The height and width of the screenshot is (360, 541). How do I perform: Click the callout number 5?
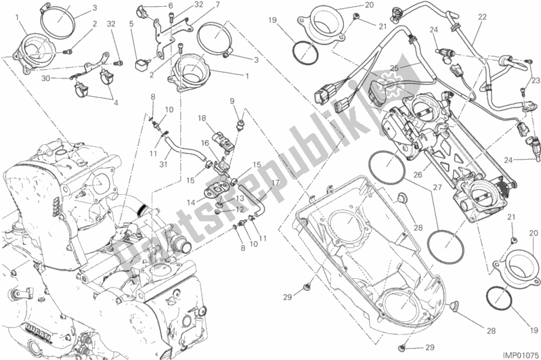tap(131, 24)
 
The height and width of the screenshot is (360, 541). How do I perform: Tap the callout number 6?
tap(171, 6)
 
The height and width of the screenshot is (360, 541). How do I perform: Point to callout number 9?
tap(232, 101)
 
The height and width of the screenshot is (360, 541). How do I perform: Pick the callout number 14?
tap(191, 203)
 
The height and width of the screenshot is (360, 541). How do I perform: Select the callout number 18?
tap(202, 119)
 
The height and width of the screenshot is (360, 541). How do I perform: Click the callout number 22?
tap(482, 17)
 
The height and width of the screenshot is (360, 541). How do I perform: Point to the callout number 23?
tap(536, 81)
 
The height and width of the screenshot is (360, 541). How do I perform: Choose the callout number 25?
tap(394, 68)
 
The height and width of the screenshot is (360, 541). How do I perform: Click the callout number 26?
tap(418, 175)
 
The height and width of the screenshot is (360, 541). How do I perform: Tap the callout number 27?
tap(437, 188)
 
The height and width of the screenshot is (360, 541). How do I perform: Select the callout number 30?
tap(45, 78)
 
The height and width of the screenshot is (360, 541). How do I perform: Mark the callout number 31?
tap(163, 164)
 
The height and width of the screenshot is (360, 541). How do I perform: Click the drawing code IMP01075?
tap(520, 355)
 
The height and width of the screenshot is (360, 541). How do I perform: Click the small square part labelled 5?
tap(140, 64)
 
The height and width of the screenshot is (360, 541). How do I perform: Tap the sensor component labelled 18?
tap(222, 140)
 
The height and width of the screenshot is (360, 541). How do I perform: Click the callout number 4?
tap(116, 103)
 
